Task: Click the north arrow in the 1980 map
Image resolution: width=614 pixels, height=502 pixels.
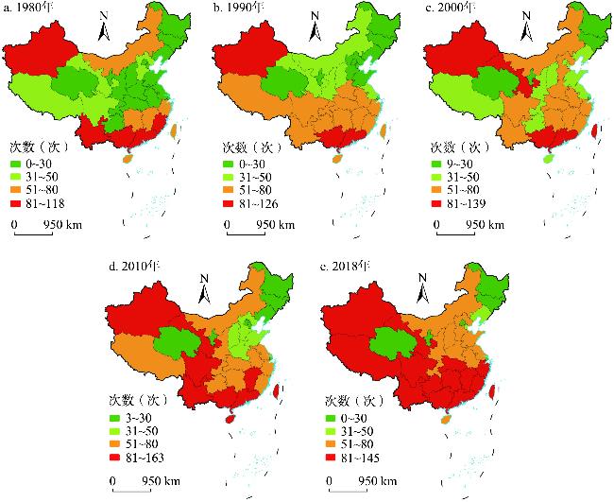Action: pos(107,28)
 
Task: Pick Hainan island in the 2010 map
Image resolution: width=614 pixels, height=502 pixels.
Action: pos(228,418)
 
